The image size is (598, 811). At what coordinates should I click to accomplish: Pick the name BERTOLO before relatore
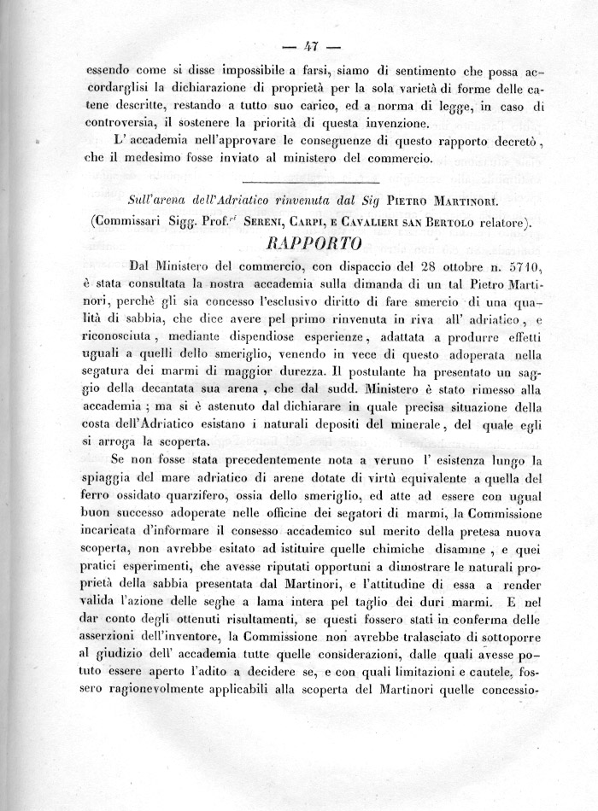(x=460, y=223)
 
